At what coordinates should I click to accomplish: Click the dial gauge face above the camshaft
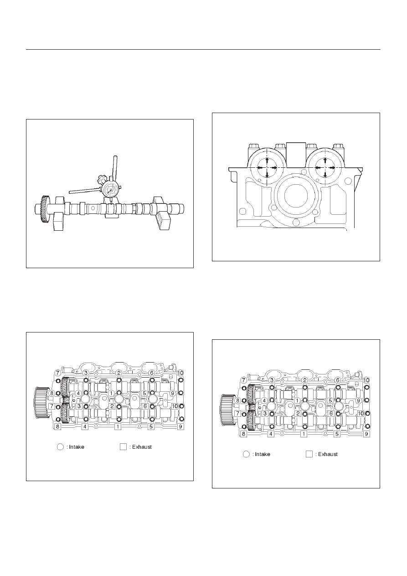111,190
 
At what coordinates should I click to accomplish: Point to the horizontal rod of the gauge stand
85,191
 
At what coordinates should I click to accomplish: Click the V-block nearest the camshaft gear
59,213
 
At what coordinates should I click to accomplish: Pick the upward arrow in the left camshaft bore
267,162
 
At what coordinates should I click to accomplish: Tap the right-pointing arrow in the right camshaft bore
331,168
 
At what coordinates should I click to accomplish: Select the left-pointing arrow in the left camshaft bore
262,168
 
